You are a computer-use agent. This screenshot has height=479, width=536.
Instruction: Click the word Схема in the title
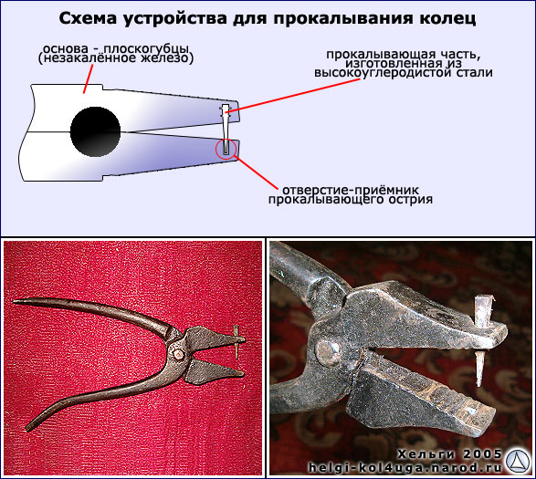pos(88,18)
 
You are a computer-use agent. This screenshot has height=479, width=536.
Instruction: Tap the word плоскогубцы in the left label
pos(146,50)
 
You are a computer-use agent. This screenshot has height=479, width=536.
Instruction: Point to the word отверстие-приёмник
pos(351,190)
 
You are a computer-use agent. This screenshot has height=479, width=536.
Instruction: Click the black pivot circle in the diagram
pos(95,132)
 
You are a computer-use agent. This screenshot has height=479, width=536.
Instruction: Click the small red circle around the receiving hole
pos(226,149)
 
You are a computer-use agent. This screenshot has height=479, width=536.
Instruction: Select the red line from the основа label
pos(88,78)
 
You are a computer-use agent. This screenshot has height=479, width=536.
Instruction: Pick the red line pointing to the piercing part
pos(293,96)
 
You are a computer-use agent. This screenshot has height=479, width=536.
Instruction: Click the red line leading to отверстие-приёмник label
pos(256,172)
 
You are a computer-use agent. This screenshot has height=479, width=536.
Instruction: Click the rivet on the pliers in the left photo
pos(178,354)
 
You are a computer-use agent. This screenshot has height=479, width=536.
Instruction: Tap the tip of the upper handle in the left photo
pos(14,302)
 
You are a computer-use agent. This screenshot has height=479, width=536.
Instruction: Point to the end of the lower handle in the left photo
pos(27,427)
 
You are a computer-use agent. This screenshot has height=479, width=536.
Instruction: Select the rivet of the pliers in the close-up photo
pos(328,352)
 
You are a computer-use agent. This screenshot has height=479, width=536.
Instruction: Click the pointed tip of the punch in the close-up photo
pos(479,386)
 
